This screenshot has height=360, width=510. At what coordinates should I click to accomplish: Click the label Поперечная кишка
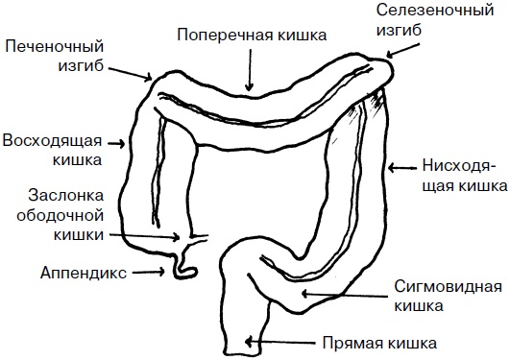click(x=253, y=33)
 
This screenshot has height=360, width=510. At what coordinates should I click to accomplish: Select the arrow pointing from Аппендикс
click(x=145, y=272)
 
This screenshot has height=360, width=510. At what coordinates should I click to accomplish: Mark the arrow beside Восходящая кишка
click(x=119, y=144)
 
